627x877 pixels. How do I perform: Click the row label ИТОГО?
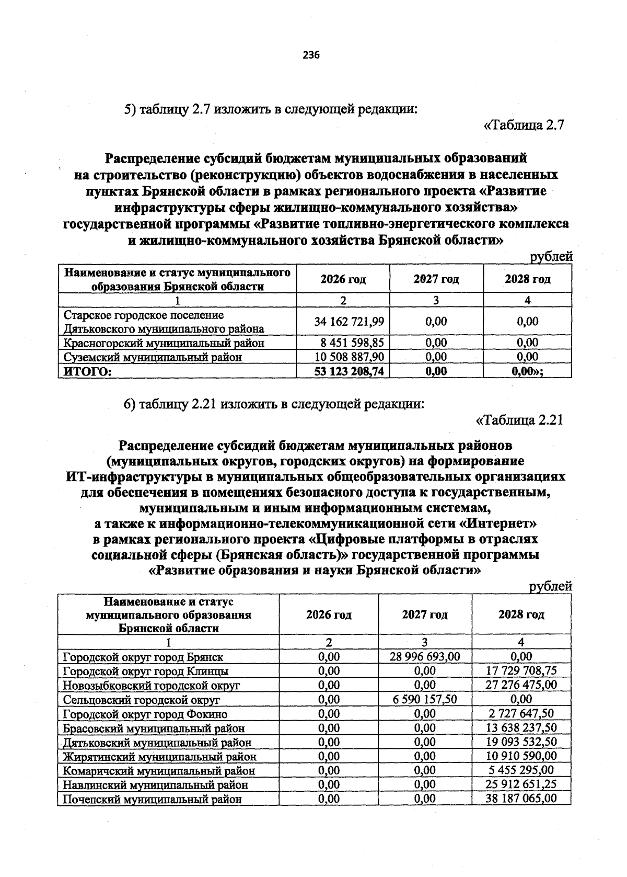click(x=88, y=371)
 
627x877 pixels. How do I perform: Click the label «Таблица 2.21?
click(x=520, y=420)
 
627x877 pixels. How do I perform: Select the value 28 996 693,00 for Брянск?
click(x=425, y=657)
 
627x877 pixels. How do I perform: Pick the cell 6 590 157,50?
click(x=425, y=700)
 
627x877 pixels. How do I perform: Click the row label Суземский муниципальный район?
click(x=153, y=357)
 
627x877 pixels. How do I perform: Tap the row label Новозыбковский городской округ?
click(x=151, y=685)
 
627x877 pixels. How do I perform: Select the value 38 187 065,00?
click(x=521, y=799)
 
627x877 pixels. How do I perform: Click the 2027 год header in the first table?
click(x=436, y=279)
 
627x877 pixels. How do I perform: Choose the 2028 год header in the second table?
click(x=521, y=614)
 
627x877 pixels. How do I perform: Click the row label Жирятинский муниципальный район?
click(x=159, y=756)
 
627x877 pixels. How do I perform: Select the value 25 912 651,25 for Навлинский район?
click(x=521, y=784)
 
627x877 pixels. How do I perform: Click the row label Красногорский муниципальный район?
click(x=164, y=343)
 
